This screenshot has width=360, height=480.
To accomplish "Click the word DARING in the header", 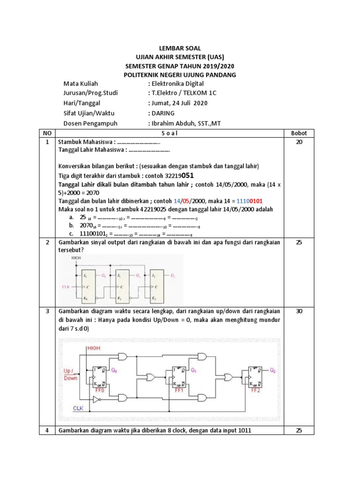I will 162,113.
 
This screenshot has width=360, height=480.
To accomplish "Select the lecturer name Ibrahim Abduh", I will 171,123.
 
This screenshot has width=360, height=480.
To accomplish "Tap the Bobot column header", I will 299,133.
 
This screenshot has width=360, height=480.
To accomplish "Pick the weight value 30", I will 299,311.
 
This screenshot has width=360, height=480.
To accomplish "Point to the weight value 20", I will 299,142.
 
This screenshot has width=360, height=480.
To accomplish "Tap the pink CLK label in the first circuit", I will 67,285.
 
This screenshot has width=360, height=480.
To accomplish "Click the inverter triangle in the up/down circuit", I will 97,400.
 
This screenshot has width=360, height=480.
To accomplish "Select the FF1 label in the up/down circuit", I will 179,390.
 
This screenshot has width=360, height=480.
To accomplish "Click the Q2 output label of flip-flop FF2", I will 273,370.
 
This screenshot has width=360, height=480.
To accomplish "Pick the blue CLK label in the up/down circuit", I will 78,408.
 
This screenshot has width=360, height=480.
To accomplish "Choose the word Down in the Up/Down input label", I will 71,378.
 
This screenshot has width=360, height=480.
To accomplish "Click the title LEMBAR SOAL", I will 180,48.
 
